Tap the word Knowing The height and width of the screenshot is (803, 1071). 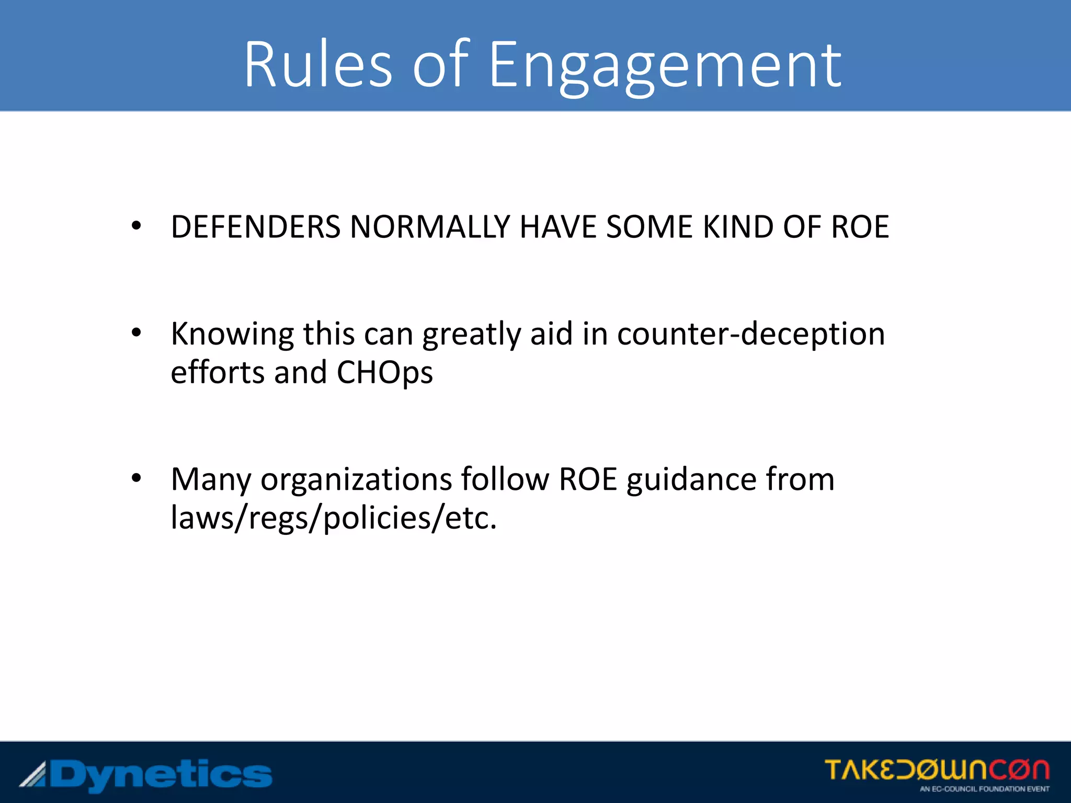pyautogui.click(x=232, y=334)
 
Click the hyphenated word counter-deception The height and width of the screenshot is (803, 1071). pyautogui.click(x=751, y=334)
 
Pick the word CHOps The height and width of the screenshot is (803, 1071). pyautogui.click(x=384, y=373)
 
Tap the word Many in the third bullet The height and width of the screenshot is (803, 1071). pyautogui.click(x=211, y=479)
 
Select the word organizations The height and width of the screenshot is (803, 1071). pyautogui.click(x=356, y=479)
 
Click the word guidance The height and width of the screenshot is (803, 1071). pyautogui.click(x=691, y=479)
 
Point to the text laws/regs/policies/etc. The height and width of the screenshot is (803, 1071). pyautogui.click(x=334, y=518)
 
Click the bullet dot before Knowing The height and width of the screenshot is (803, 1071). pyautogui.click(x=136, y=332)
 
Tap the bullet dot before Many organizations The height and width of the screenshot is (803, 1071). pyautogui.click(x=136, y=478)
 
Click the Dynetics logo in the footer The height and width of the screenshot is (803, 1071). pyautogui.click(x=146, y=775)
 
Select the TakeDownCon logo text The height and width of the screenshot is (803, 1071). pyautogui.click(x=937, y=770)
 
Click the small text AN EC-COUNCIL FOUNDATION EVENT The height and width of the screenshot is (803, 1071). pyautogui.click(x=984, y=789)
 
